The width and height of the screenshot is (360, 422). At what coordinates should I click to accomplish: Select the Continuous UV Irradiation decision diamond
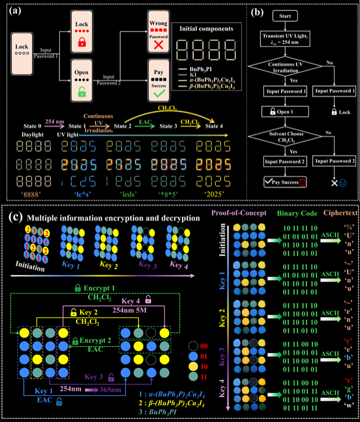pos(292,67)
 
